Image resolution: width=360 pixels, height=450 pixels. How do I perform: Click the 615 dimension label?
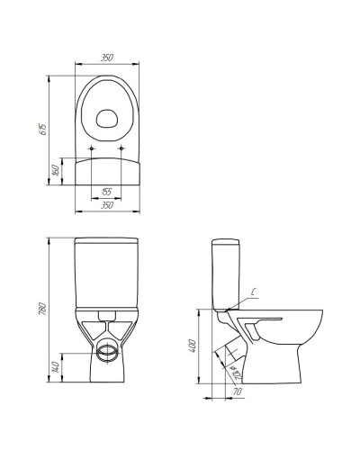pyautogui.click(x=43, y=130)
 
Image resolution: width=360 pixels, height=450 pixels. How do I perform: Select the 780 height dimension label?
pyautogui.click(x=43, y=309)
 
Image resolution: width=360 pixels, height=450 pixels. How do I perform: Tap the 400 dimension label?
pyautogui.click(x=193, y=346)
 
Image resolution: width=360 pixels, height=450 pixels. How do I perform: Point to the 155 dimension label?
pyautogui.click(x=106, y=192)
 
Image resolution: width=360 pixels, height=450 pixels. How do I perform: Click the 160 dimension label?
pyautogui.click(x=57, y=170)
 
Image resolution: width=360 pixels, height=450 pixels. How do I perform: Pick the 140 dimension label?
pyautogui.click(x=56, y=367)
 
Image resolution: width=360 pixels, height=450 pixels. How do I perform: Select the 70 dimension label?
pyautogui.click(x=238, y=391)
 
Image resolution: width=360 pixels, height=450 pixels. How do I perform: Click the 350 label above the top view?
pyautogui.click(x=107, y=58)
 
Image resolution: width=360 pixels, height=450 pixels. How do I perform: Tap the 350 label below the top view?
pyautogui.click(x=107, y=205)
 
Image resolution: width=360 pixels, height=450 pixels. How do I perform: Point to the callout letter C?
pyautogui.click(x=254, y=292)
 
